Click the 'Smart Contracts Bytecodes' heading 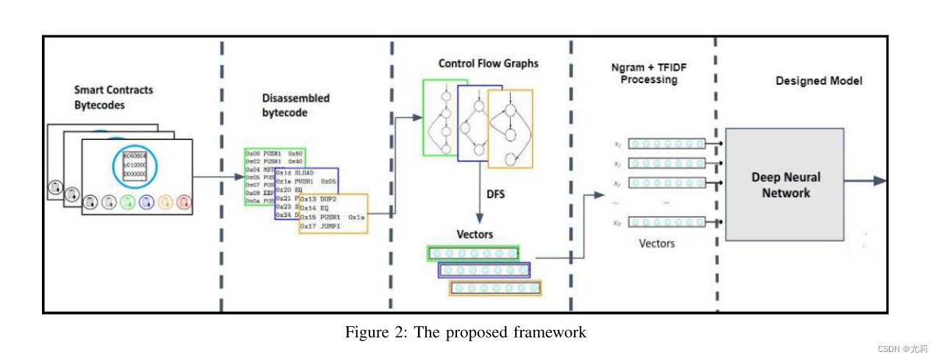click(x=113, y=96)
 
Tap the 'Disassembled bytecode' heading click(x=296, y=105)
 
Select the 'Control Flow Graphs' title click(x=488, y=63)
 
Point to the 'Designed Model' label click(x=818, y=81)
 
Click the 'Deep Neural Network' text click(x=785, y=185)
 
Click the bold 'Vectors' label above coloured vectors click(x=475, y=234)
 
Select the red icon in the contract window click(x=184, y=201)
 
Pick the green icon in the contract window click(x=127, y=201)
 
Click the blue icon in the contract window click(x=146, y=201)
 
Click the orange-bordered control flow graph click(x=510, y=129)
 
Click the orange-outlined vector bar click(x=495, y=288)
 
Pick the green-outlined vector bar click(x=473, y=253)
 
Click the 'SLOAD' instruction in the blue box click(x=304, y=172)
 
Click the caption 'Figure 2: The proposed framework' click(x=466, y=332)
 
